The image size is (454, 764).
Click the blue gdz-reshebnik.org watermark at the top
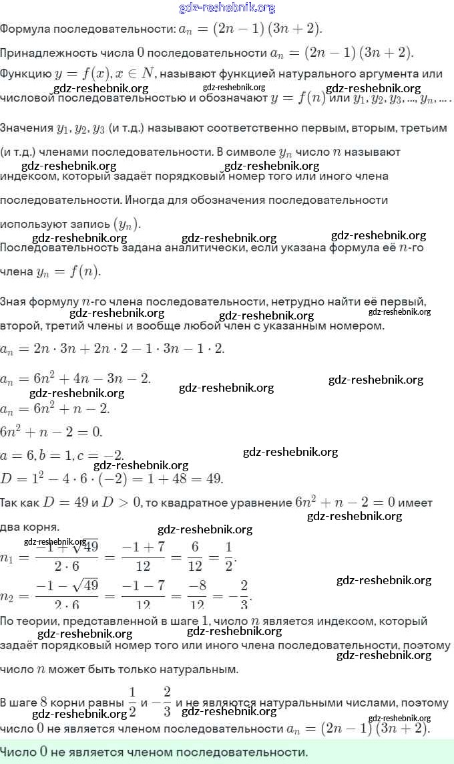(x=227, y=8)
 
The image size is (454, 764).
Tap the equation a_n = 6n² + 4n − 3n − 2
(x=75, y=379)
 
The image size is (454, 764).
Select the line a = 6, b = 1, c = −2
(x=62, y=455)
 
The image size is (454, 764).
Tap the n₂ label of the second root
(x=9, y=595)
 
